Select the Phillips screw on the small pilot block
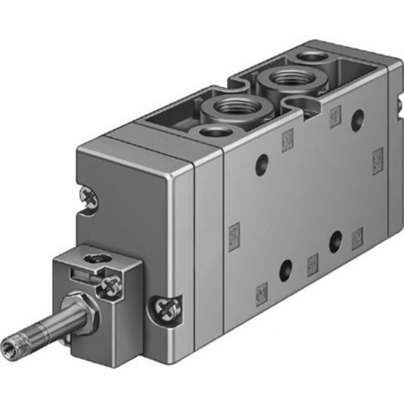(x=108, y=289)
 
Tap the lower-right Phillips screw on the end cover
(x=164, y=310)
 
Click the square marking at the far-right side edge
(x=378, y=160)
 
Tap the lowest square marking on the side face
(x=262, y=291)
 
